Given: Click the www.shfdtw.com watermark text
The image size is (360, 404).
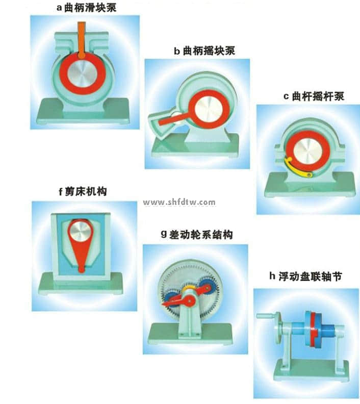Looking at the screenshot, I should (179, 203).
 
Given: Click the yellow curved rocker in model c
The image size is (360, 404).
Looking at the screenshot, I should (293, 169).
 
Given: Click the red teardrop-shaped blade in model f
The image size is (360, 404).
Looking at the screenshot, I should (82, 255).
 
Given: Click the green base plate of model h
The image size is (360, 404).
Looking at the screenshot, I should (311, 370).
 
